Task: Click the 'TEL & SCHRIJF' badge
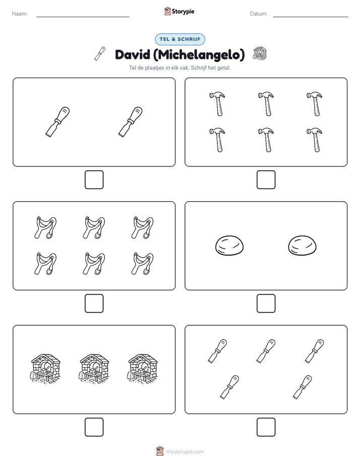point(180,39)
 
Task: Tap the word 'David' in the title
point(133,54)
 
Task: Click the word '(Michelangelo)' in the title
point(199,55)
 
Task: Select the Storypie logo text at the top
point(183,12)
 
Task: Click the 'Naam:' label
point(20,14)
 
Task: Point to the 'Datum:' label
point(259,14)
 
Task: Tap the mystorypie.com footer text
point(185,452)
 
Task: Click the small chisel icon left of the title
point(100,53)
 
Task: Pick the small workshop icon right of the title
point(260,53)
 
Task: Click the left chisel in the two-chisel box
point(57,122)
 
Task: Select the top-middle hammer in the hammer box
point(266,104)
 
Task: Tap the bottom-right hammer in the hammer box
point(315,140)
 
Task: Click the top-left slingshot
point(45,227)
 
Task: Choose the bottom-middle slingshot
point(94,264)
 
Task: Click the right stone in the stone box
point(303,246)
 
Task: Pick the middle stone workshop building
point(94,369)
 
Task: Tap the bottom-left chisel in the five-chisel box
point(229,387)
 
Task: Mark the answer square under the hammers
point(266,180)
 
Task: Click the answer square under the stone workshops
point(94,427)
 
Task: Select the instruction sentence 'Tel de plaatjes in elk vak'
point(159,68)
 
